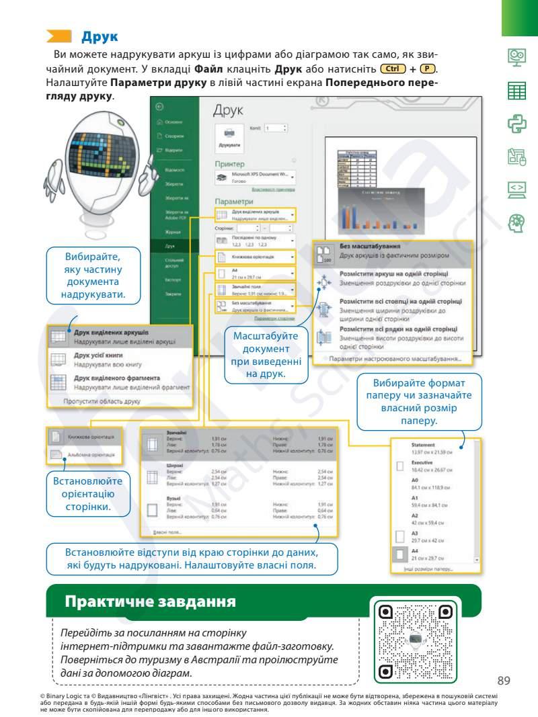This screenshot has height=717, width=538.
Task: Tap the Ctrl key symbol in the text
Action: tap(393, 69)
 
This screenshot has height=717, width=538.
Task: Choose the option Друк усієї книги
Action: tap(101, 358)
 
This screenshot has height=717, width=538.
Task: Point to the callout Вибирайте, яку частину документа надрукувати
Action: tap(93, 276)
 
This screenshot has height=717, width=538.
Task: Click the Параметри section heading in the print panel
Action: tap(233, 201)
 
